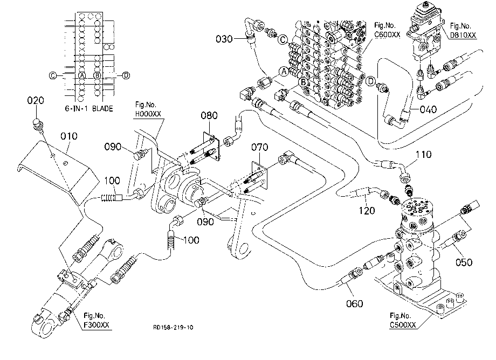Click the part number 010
tap(68, 136)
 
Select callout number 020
tap(36, 101)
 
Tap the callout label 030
tap(224, 39)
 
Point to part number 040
tap(428, 109)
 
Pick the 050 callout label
tap(464, 262)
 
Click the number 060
tap(355, 304)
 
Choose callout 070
tap(260, 147)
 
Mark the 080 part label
tap(209, 115)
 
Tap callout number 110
tap(423, 154)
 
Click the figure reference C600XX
tap(387, 34)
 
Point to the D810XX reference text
tap(463, 35)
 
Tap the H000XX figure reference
tap(148, 114)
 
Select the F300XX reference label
tap(97, 324)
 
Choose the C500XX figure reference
tap(403, 324)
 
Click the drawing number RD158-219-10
tap(173, 327)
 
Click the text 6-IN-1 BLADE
tap(89, 109)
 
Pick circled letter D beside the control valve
tap(370, 81)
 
